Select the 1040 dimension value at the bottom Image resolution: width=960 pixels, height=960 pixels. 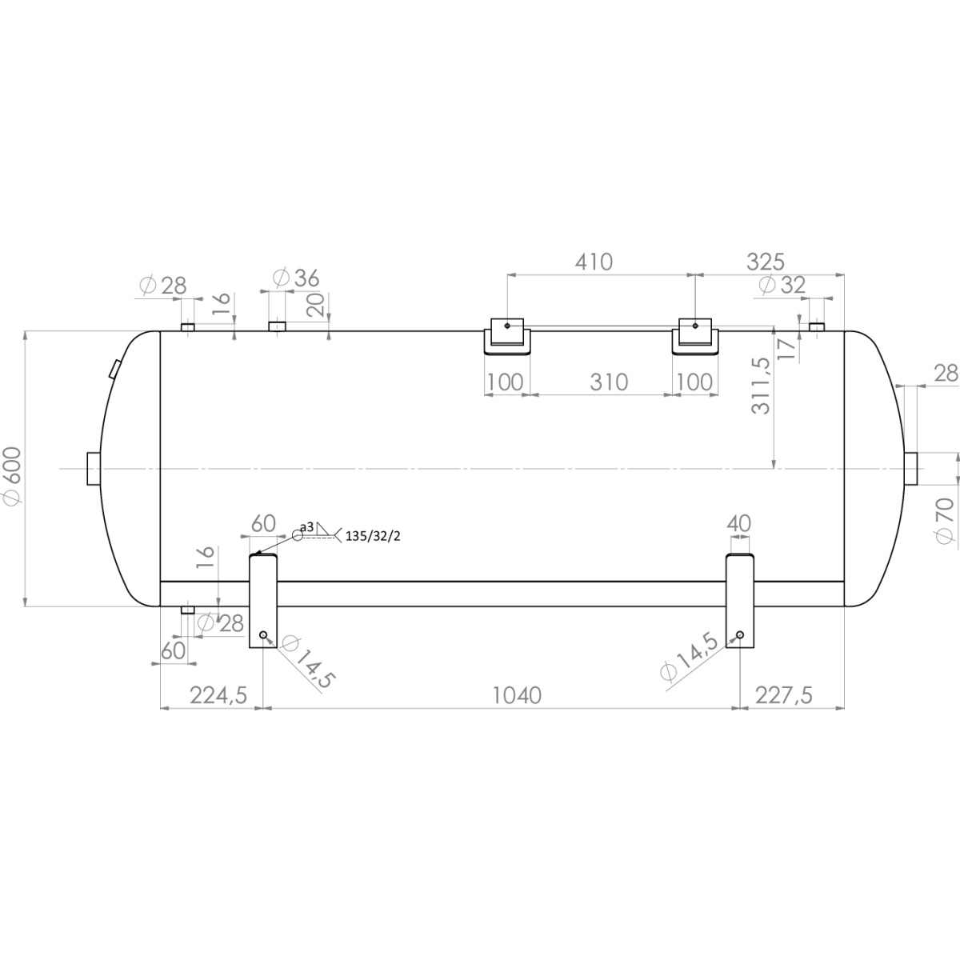click(516, 695)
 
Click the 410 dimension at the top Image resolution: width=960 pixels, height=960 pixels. click(593, 262)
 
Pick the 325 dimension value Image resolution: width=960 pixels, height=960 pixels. click(766, 262)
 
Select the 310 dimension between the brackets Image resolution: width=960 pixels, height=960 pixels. click(609, 382)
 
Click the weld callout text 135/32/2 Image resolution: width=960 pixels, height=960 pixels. click(372, 536)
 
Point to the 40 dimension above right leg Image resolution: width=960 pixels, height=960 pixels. click(739, 523)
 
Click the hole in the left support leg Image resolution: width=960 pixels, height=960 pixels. click(263, 635)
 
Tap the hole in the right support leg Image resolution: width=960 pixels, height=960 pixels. click(740, 635)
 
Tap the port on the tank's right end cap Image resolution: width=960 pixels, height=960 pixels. click(912, 468)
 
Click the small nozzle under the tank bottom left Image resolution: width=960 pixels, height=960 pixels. click(187, 610)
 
